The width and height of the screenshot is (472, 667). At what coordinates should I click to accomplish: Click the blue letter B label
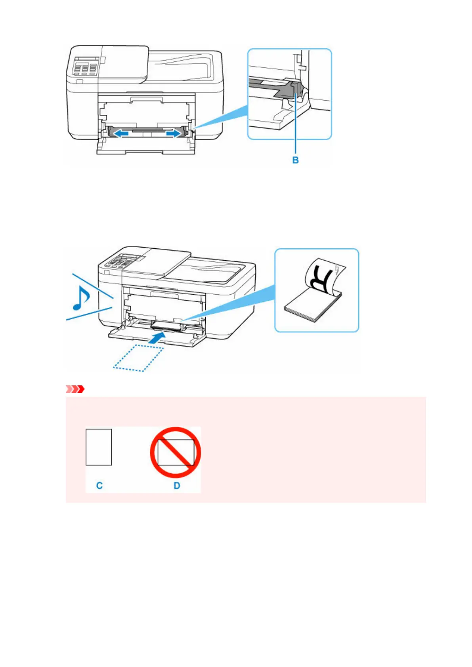(x=295, y=160)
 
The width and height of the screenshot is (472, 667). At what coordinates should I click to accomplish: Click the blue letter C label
(x=99, y=486)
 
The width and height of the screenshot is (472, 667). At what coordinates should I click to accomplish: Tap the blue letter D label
(x=177, y=486)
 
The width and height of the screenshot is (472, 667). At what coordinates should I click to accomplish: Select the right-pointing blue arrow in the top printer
(x=174, y=134)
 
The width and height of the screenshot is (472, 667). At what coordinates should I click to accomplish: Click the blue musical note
(x=81, y=298)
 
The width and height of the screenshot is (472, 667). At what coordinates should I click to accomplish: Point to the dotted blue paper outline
(x=138, y=358)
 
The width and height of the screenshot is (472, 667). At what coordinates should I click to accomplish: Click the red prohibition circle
(x=175, y=452)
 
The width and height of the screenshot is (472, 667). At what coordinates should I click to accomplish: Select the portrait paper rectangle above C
(x=99, y=447)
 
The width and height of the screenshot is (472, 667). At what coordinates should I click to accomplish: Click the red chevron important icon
(x=75, y=389)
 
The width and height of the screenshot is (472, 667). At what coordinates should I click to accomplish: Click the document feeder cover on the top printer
(x=124, y=63)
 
